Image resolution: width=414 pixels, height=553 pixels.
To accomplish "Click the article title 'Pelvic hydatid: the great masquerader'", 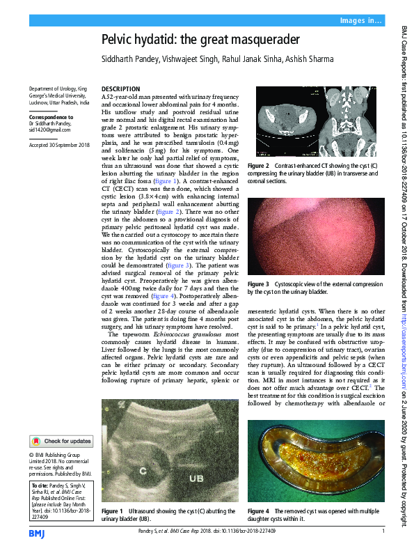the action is coord(200,39).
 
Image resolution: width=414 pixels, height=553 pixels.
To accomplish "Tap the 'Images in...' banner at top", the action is coord(360,20).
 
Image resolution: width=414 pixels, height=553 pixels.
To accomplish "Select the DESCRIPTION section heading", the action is coord(120,89).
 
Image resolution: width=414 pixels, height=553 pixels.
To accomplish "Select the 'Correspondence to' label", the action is coord(51,118).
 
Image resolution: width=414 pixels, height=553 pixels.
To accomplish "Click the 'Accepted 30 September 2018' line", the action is coord(60,144).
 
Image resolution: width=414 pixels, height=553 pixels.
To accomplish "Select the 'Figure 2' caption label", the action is coord(257,166).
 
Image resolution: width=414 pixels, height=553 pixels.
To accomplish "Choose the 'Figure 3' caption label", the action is coord(257,284).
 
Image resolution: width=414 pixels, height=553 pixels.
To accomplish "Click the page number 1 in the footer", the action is coord(383,532).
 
